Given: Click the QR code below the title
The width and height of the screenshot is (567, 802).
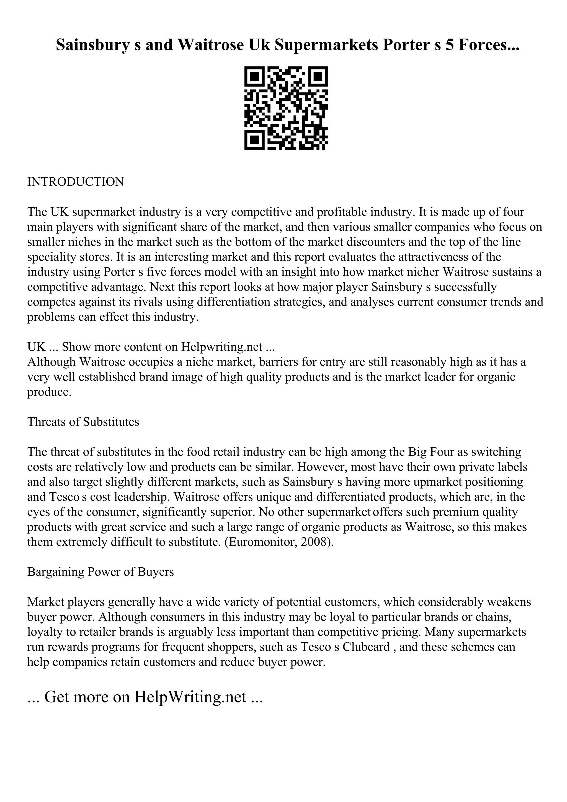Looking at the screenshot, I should [286, 108].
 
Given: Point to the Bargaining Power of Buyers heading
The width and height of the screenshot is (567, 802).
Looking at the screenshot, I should [100, 572].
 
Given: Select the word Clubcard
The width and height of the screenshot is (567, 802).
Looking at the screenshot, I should [366, 647].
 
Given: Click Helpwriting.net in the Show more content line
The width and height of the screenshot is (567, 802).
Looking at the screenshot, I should [221, 347].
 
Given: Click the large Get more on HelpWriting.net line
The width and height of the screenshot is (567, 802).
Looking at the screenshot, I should [145, 697].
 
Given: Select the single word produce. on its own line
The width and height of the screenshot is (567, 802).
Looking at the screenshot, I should [49, 392].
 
